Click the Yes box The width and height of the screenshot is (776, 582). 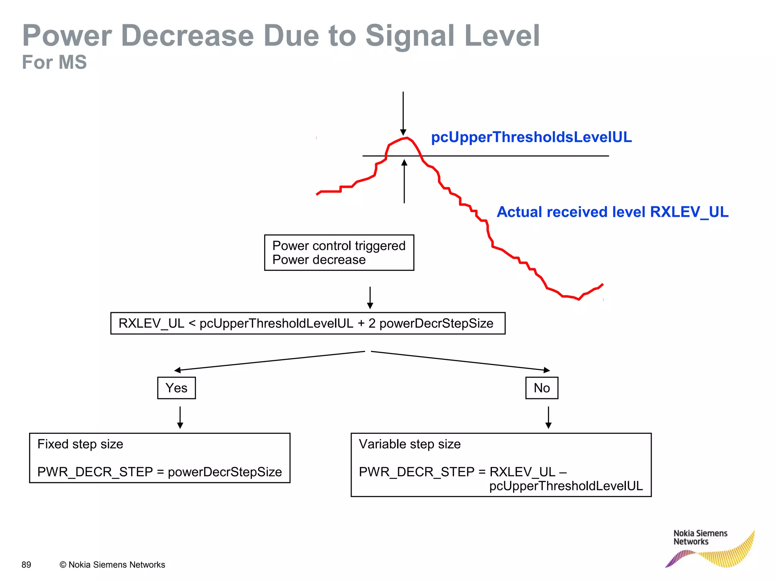coord(176,388)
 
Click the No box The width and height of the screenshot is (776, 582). coord(541,388)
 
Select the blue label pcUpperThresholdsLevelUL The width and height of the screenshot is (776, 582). coord(531,137)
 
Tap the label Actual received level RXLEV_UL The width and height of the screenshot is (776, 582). coord(612,212)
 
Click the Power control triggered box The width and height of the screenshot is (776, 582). coord(339,252)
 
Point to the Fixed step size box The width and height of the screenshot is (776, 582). coord(160,458)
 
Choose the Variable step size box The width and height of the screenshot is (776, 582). coord(501,465)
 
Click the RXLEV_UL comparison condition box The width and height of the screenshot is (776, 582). coord(307,323)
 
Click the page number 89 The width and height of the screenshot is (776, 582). coord(26,565)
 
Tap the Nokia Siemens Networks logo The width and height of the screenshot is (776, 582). coord(709,548)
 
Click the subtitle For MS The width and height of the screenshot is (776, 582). coord(54,62)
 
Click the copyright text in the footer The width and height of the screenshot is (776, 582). coord(112,565)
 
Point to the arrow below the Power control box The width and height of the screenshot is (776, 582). coord(370,297)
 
